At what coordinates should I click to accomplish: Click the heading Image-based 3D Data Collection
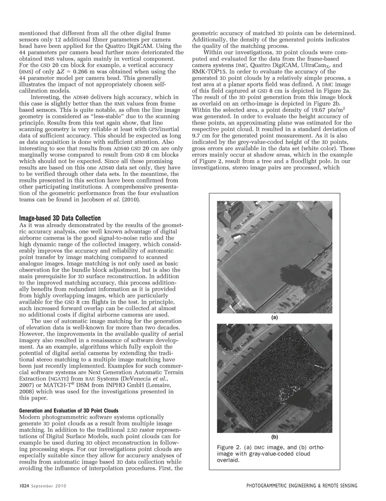(60, 218)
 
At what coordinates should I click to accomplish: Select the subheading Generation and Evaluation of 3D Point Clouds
(69, 411)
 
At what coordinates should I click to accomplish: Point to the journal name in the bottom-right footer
(302, 486)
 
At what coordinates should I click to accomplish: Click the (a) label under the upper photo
(275, 317)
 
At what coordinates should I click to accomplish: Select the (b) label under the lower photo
(275, 436)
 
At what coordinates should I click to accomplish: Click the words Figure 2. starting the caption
(228, 447)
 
